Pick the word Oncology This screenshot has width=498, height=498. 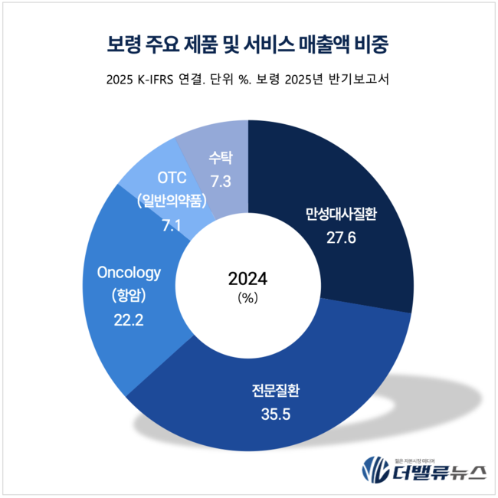coord(128,272)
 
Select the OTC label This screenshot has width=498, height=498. coord(172,179)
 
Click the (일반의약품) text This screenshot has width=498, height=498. coord(172,201)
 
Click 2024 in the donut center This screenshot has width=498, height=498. coord(249,277)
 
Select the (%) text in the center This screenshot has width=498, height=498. coord(249,299)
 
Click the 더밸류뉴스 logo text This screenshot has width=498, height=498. coord(437,471)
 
